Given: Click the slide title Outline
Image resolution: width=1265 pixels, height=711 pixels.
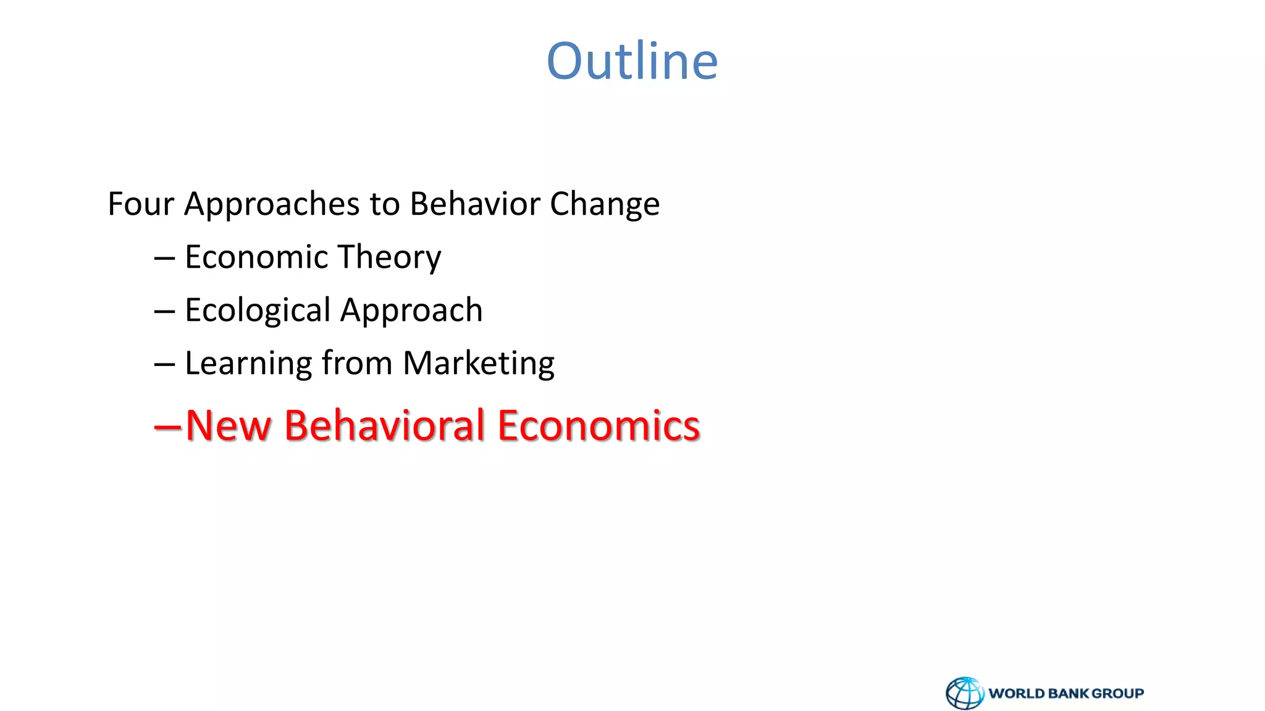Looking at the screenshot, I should point(632,61).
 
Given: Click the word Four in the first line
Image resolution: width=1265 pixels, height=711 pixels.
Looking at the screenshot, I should point(140,204).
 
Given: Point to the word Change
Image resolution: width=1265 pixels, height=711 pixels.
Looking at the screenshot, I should point(604,205).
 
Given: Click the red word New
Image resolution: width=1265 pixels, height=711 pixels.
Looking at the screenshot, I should point(228,426).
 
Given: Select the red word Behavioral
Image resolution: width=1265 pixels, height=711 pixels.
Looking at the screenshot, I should point(384,426).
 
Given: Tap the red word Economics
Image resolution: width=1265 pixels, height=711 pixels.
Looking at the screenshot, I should point(599,426).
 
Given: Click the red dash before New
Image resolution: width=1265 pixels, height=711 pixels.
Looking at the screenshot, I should point(167,426).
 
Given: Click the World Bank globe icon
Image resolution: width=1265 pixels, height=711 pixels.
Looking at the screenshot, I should point(965,693).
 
